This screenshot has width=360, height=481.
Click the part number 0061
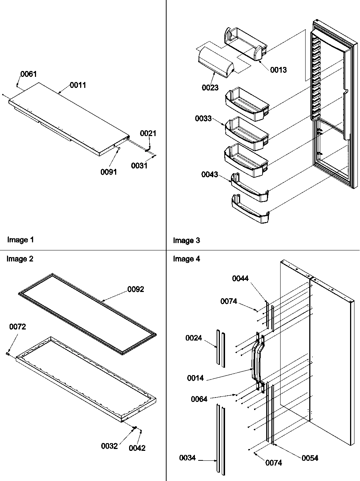point(28,74)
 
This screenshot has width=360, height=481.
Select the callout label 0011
point(78,85)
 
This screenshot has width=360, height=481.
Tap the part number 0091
point(108,172)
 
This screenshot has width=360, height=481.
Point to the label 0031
point(139,166)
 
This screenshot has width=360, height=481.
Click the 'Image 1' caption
point(21,240)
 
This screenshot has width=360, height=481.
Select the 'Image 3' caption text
point(186,241)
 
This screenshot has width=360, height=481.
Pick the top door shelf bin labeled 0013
point(245,44)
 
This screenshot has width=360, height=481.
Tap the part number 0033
point(203,118)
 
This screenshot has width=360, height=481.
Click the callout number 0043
point(209,174)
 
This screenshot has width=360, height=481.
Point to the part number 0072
point(18,327)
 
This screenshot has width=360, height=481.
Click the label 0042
point(137,448)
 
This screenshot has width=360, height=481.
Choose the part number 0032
point(109,446)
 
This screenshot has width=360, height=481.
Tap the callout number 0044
point(240,278)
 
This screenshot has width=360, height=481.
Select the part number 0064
point(199,399)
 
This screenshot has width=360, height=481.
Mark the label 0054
point(310,458)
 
